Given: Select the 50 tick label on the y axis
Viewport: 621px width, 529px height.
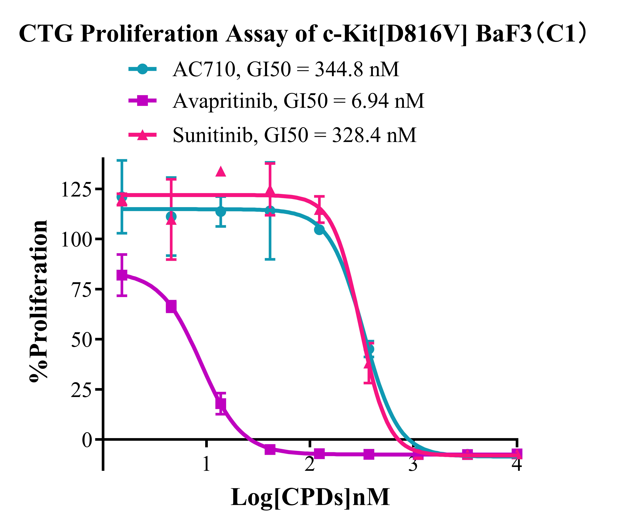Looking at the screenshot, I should click(81, 340).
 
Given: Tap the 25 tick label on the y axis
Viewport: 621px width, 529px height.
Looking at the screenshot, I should click(81, 390).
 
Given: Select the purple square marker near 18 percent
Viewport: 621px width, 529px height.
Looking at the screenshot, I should click(221, 404).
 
